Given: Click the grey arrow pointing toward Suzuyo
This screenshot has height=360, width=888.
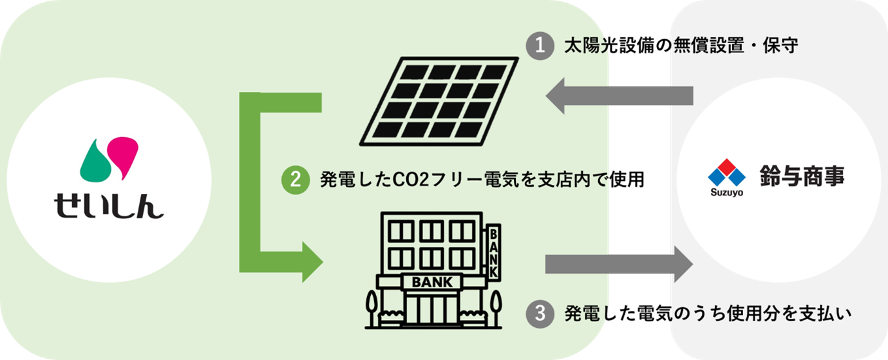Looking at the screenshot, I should (x=618, y=264).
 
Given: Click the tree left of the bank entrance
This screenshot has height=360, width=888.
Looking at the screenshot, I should (x=371, y=306).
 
